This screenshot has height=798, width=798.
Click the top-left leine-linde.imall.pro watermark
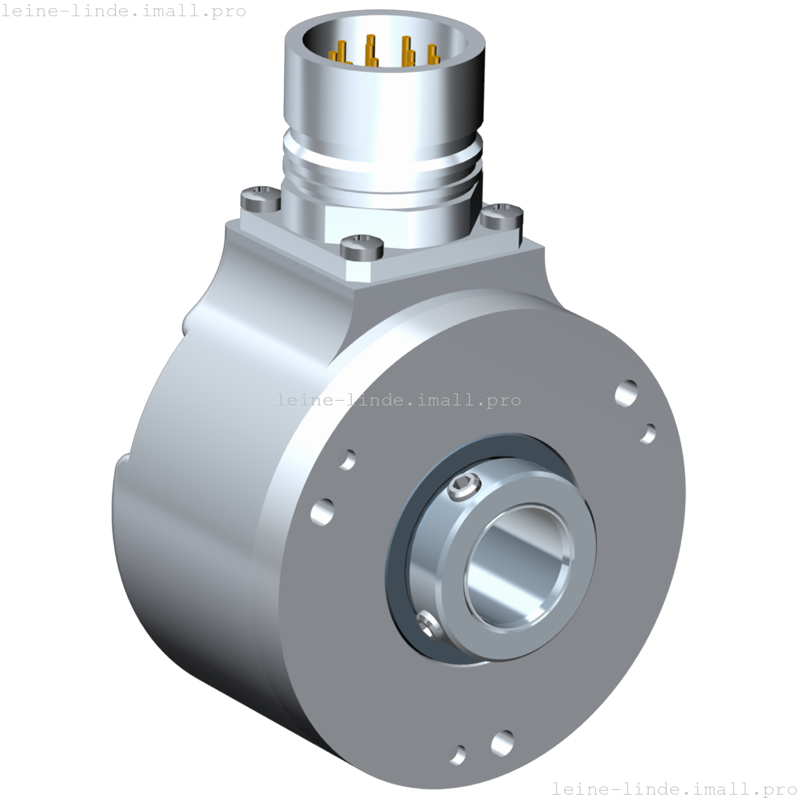point(123,11)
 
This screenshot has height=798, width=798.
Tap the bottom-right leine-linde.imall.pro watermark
point(674,788)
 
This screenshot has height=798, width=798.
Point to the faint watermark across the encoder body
point(399,399)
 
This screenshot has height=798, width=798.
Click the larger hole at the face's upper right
point(626,393)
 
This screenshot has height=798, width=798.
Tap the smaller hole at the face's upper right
point(647,432)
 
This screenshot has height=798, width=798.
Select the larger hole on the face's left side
point(323,511)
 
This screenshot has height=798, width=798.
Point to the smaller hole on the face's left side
point(348,459)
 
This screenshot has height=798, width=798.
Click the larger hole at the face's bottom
point(502,743)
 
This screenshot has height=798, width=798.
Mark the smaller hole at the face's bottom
point(458,754)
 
